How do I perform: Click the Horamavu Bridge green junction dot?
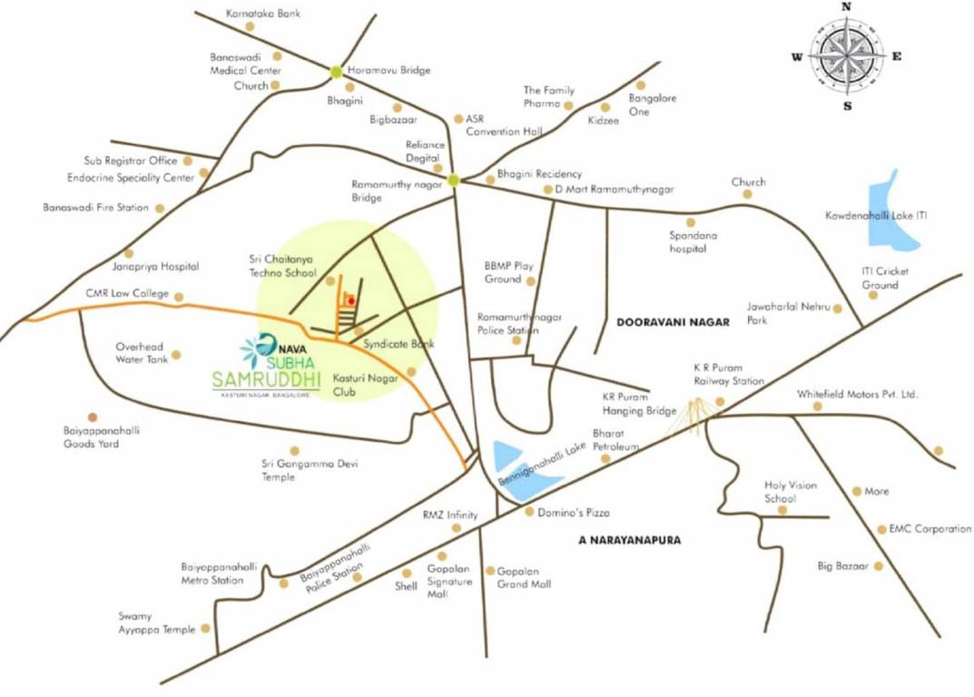coord(337,71)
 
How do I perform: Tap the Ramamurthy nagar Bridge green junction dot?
coord(453,180)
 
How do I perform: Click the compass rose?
coord(846,56)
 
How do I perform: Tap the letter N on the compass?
coord(847,6)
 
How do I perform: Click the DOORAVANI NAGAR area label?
coord(673,322)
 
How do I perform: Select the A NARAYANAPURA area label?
coord(629,540)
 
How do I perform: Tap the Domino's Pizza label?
coord(574,513)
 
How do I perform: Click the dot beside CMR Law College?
coord(179,296)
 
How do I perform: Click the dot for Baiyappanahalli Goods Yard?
coord(92,417)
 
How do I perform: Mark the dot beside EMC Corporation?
coord(881,529)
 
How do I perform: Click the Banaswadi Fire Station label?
coord(95,208)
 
